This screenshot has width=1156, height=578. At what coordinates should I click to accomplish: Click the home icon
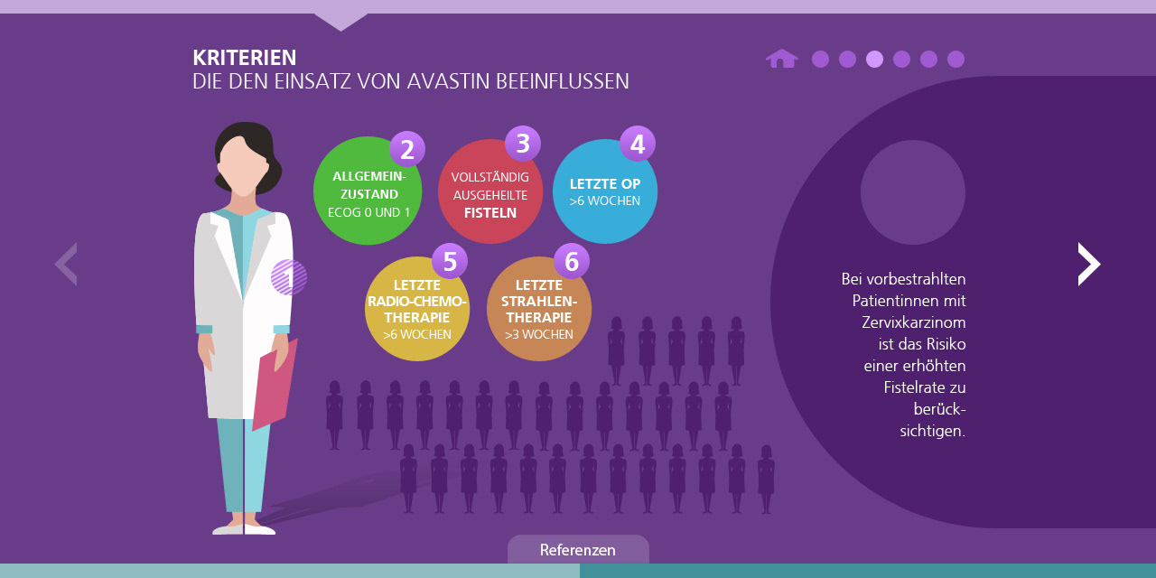[781, 59]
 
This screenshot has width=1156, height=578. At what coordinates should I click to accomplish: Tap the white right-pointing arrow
[1089, 264]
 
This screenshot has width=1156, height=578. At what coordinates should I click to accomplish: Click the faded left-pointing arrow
[66, 264]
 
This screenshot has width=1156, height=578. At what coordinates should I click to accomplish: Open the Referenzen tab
[578, 550]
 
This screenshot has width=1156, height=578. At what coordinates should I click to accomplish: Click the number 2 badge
[407, 150]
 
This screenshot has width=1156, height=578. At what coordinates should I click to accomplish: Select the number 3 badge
[522, 144]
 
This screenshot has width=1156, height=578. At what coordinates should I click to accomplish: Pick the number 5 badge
[450, 262]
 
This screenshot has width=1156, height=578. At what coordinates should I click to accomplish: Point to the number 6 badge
[571, 262]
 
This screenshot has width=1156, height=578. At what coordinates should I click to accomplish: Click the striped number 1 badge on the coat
[289, 277]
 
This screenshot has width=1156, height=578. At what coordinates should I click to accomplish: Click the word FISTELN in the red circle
[490, 213]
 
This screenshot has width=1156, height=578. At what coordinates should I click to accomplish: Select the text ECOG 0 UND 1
[368, 212]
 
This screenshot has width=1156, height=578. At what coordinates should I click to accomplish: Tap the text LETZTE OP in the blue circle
[605, 184]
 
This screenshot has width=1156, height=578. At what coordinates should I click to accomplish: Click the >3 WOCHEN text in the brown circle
[538, 334]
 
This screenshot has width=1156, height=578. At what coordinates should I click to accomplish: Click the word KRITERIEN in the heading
[244, 58]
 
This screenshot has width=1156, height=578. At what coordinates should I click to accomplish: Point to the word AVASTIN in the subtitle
[448, 81]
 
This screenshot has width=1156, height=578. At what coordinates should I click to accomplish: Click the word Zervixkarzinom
[914, 322]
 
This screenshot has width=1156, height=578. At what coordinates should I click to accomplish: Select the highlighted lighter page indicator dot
[874, 59]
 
